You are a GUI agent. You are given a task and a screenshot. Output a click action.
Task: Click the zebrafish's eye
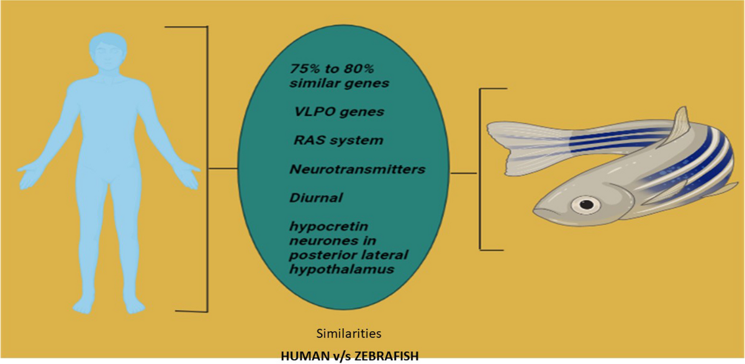coord(585,203)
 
